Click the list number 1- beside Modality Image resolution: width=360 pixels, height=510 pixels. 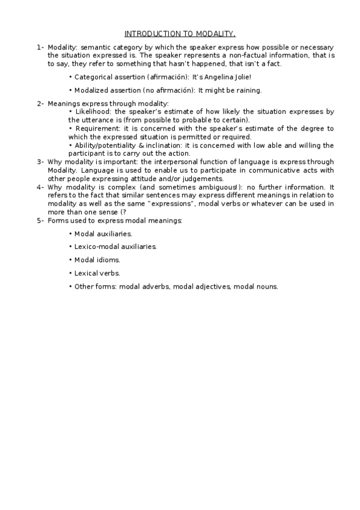[x=40, y=47]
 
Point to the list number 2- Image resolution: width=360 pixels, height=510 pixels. [x=40, y=103]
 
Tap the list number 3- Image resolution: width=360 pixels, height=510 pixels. [x=40, y=161]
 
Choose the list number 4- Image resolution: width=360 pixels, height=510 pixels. [x=40, y=186]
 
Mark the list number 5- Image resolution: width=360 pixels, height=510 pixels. [x=40, y=220]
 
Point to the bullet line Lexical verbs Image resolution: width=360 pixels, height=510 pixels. [x=97, y=273]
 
